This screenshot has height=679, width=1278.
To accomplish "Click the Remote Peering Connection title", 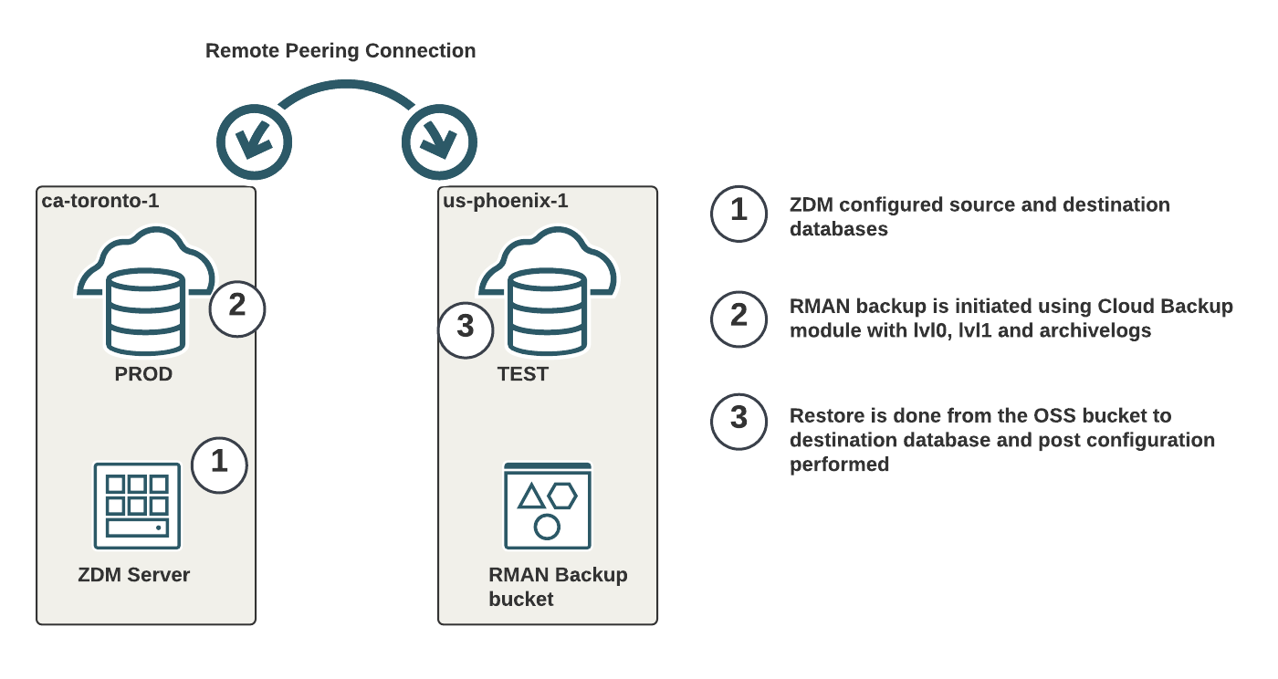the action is pos(340,51).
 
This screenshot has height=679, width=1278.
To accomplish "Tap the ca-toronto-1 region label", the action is pos(100,201).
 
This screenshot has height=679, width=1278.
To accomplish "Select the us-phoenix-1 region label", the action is pos(506,201).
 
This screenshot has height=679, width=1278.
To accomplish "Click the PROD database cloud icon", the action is pos(146,291).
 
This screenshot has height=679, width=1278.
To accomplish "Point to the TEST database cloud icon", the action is pos(548,291).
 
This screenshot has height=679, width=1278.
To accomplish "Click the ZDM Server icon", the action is pos(137,507).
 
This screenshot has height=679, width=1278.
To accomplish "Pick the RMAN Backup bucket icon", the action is pos(548,507).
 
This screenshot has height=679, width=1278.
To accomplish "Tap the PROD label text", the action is pos(143,374).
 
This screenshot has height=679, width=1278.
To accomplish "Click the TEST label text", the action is pos(522,374).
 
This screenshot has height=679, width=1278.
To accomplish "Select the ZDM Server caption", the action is pos(134,575).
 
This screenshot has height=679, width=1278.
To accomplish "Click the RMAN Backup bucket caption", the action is pos(558,587).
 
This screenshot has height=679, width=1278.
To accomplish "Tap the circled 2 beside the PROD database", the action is pos(237,308).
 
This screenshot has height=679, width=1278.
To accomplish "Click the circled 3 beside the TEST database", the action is pos(466,329).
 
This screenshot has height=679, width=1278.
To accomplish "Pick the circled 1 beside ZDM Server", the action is pos(219,465).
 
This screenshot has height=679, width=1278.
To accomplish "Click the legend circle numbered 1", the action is pos(739,214).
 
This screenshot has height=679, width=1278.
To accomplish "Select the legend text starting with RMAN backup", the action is pos(1011,319).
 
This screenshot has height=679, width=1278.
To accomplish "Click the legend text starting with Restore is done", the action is pos(1002,440).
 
